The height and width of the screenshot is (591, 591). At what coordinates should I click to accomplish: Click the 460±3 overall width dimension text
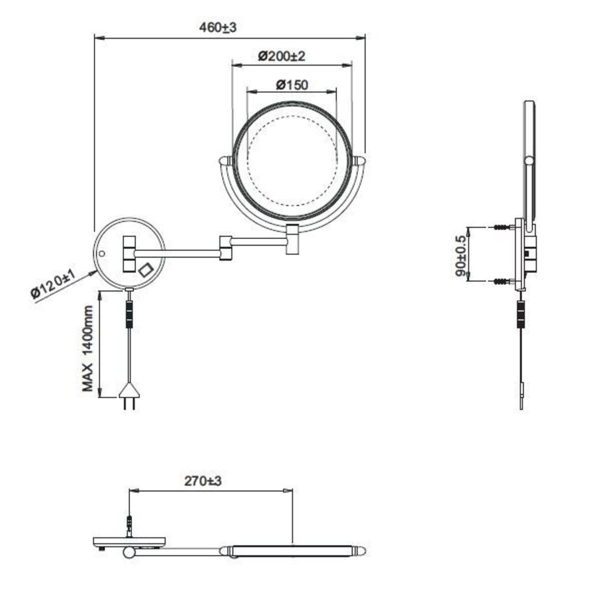pos(217,28)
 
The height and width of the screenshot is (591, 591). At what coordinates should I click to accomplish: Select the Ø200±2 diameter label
pos(282,56)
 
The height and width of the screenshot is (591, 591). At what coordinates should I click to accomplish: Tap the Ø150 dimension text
pos(292,84)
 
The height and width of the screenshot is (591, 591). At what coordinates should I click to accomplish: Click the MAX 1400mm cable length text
pos(88,349)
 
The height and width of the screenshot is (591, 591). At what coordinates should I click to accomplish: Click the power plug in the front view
pos(128,396)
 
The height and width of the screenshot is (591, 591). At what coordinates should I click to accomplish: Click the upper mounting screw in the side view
pos(502,227)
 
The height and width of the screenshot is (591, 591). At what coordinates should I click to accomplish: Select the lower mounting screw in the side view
pos(502,282)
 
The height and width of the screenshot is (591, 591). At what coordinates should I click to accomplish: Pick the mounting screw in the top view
pos(129,526)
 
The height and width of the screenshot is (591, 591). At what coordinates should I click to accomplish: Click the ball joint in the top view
pos(129,554)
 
